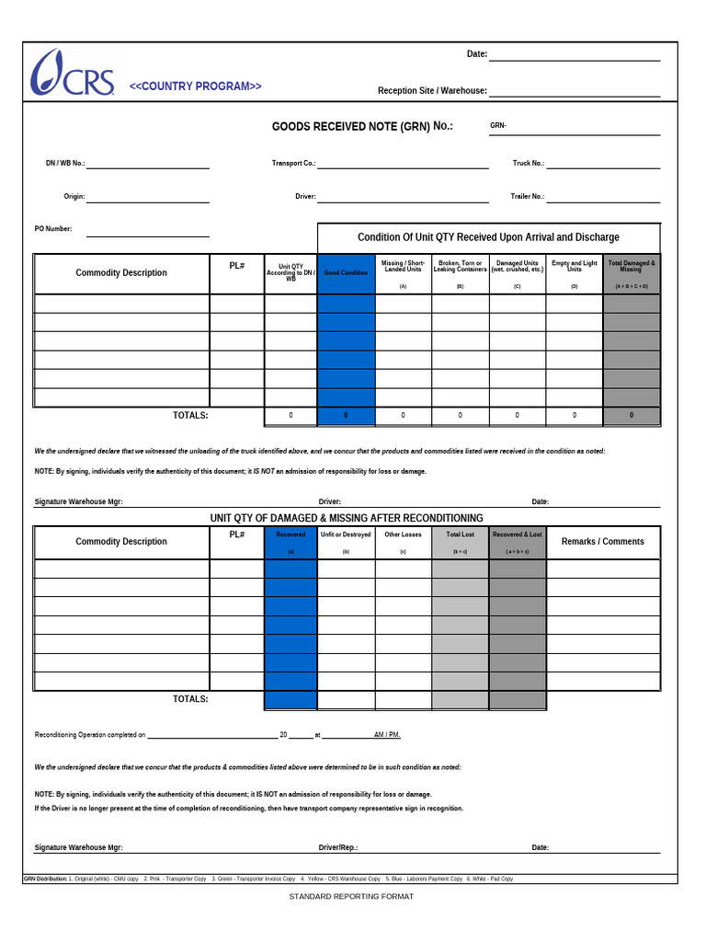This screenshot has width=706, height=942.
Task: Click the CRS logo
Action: [x=73, y=74]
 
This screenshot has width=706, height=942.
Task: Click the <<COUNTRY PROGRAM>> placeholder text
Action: [x=195, y=86]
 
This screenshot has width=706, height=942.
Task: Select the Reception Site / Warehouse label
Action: [x=432, y=91]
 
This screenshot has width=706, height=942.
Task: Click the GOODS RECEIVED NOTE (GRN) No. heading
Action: [x=361, y=126]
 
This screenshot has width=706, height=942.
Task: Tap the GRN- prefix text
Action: [x=498, y=125]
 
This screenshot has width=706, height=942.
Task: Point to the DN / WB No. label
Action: [x=65, y=163]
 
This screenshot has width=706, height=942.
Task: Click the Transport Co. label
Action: [x=293, y=163]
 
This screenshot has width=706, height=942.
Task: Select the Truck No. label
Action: [x=528, y=163]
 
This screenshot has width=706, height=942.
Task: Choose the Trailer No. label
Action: [x=528, y=196]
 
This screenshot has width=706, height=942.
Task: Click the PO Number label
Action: [x=53, y=229]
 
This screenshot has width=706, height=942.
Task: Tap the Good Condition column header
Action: [x=346, y=273]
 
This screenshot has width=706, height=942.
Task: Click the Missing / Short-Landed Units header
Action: [x=403, y=267]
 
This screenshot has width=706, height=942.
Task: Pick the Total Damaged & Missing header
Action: [x=631, y=267]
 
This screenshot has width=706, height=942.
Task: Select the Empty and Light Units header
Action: [x=574, y=267]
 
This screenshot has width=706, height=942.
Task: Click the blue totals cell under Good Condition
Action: [x=346, y=416]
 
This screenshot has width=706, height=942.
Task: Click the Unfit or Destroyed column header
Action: [x=346, y=534]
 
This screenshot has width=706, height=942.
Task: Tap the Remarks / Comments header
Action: [x=602, y=542]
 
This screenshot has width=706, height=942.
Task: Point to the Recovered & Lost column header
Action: [x=517, y=534]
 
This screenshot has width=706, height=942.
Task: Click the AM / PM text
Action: [x=386, y=736]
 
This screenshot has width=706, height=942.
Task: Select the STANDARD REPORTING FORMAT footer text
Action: [x=351, y=896]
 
